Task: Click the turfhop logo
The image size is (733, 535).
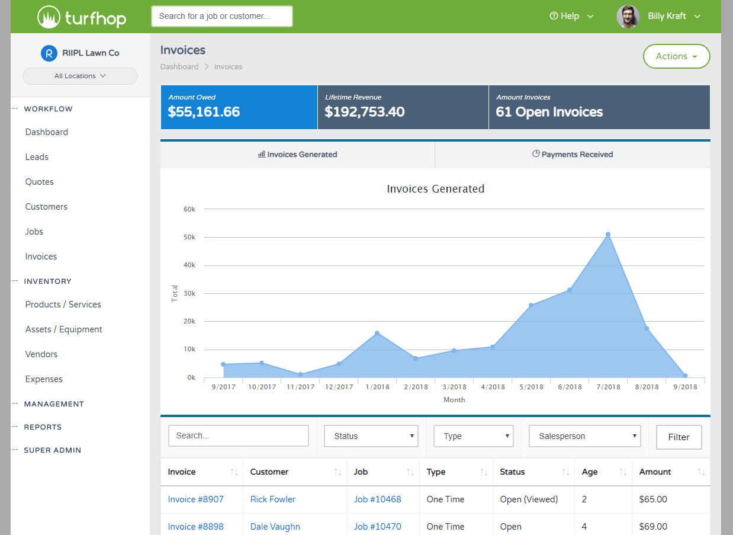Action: (82, 17)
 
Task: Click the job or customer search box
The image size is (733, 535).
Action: (222, 17)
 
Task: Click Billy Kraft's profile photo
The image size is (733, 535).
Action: (628, 17)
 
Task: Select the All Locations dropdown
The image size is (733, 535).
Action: (80, 76)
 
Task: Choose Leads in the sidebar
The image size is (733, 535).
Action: (37, 157)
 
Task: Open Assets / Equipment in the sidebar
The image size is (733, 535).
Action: (64, 329)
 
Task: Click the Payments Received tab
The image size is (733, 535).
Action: (573, 154)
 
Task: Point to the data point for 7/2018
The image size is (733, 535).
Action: (608, 235)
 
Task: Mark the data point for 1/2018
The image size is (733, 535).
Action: (377, 333)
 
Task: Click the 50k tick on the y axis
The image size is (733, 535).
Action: (189, 237)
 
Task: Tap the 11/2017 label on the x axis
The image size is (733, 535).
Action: (300, 387)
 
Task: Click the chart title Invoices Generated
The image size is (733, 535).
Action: (435, 189)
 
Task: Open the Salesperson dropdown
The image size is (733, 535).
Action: (585, 436)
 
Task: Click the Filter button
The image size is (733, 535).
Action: (679, 437)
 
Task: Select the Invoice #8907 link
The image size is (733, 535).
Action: (196, 499)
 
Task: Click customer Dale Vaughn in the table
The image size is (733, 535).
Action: (275, 527)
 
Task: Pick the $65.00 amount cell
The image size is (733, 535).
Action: (653, 499)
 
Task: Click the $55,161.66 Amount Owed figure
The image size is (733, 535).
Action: (204, 112)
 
